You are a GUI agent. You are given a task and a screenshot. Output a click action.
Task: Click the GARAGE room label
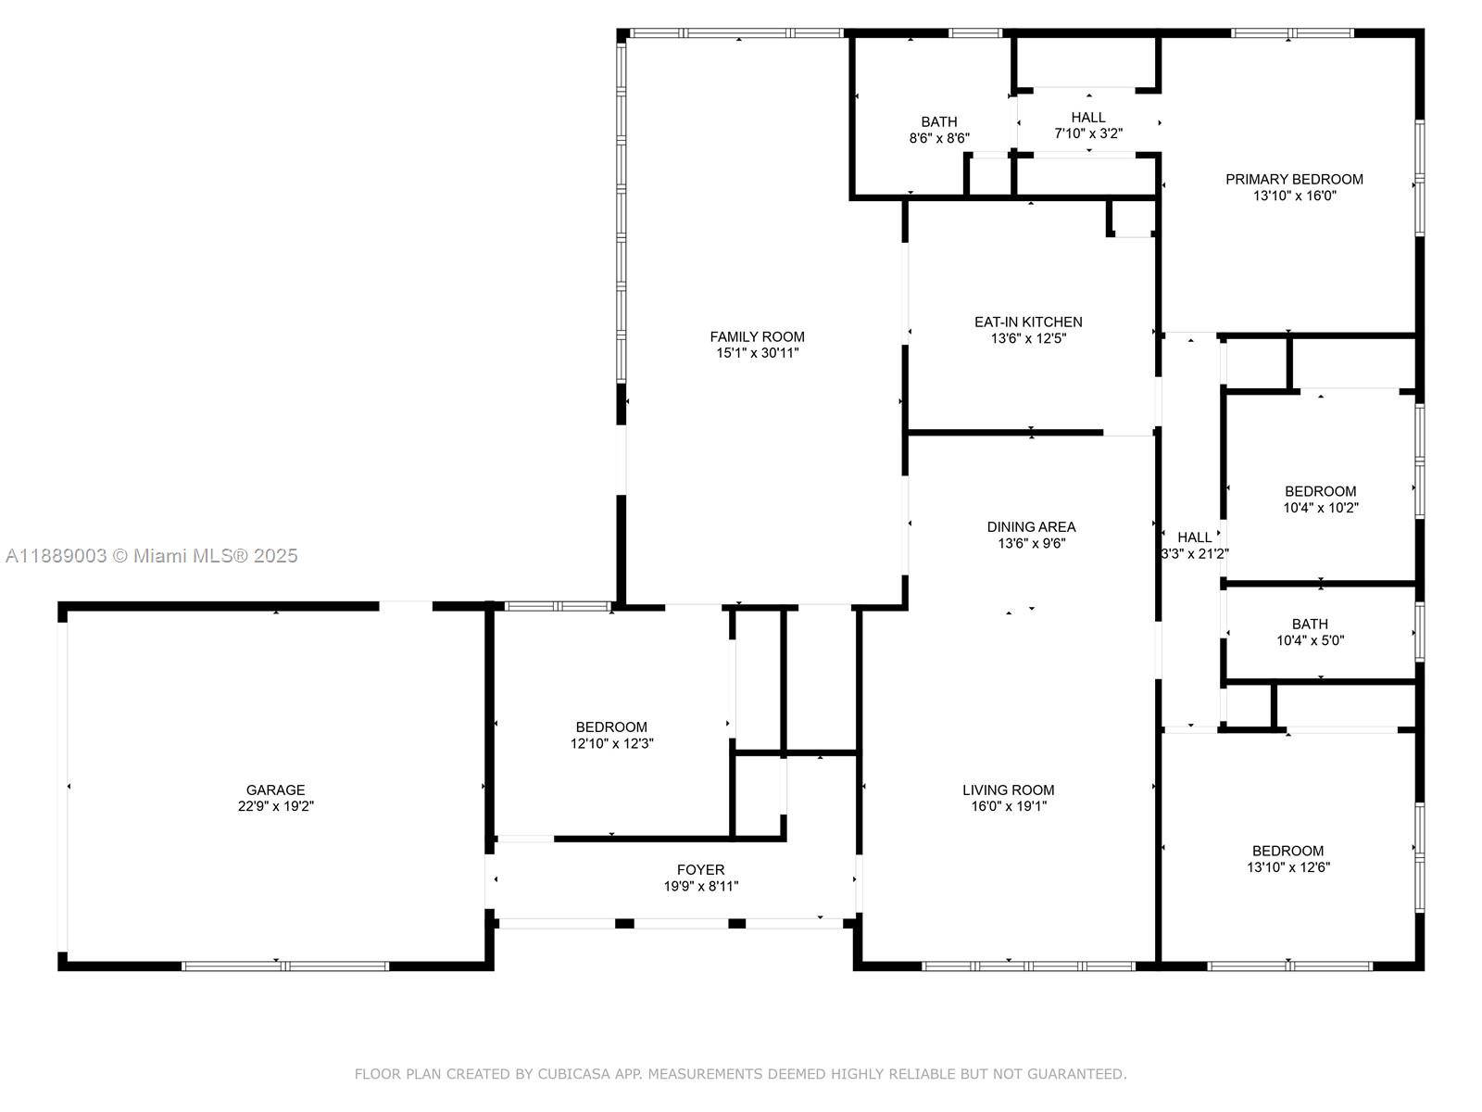275,790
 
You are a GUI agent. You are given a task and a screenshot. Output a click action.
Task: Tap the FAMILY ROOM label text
757,336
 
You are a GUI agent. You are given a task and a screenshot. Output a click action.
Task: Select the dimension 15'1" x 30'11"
757,353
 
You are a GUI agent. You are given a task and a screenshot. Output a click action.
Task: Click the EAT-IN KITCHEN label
1028,322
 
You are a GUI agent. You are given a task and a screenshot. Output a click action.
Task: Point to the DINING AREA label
1031,527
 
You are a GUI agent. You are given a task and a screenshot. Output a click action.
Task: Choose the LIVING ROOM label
1008,790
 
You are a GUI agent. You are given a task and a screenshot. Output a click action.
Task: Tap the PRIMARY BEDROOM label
1294,179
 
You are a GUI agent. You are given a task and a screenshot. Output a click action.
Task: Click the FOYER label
700,869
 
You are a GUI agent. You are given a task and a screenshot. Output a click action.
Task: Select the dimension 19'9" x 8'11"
700,886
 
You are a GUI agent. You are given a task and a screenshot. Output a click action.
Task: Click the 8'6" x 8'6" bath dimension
938,138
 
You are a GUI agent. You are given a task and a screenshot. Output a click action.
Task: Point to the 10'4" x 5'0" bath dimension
1310,640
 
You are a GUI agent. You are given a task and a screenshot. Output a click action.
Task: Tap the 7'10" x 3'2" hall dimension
1088,133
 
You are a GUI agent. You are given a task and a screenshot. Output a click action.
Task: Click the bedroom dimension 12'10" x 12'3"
611,743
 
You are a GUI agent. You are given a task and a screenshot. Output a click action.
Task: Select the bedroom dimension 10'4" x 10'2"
1320,508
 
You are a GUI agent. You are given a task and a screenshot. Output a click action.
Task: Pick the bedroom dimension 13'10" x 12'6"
1287,867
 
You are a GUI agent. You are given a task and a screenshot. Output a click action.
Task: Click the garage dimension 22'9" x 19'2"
275,807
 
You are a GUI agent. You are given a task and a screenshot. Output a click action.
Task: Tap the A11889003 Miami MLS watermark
151,555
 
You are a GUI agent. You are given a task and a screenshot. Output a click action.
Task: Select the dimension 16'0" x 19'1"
1008,807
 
